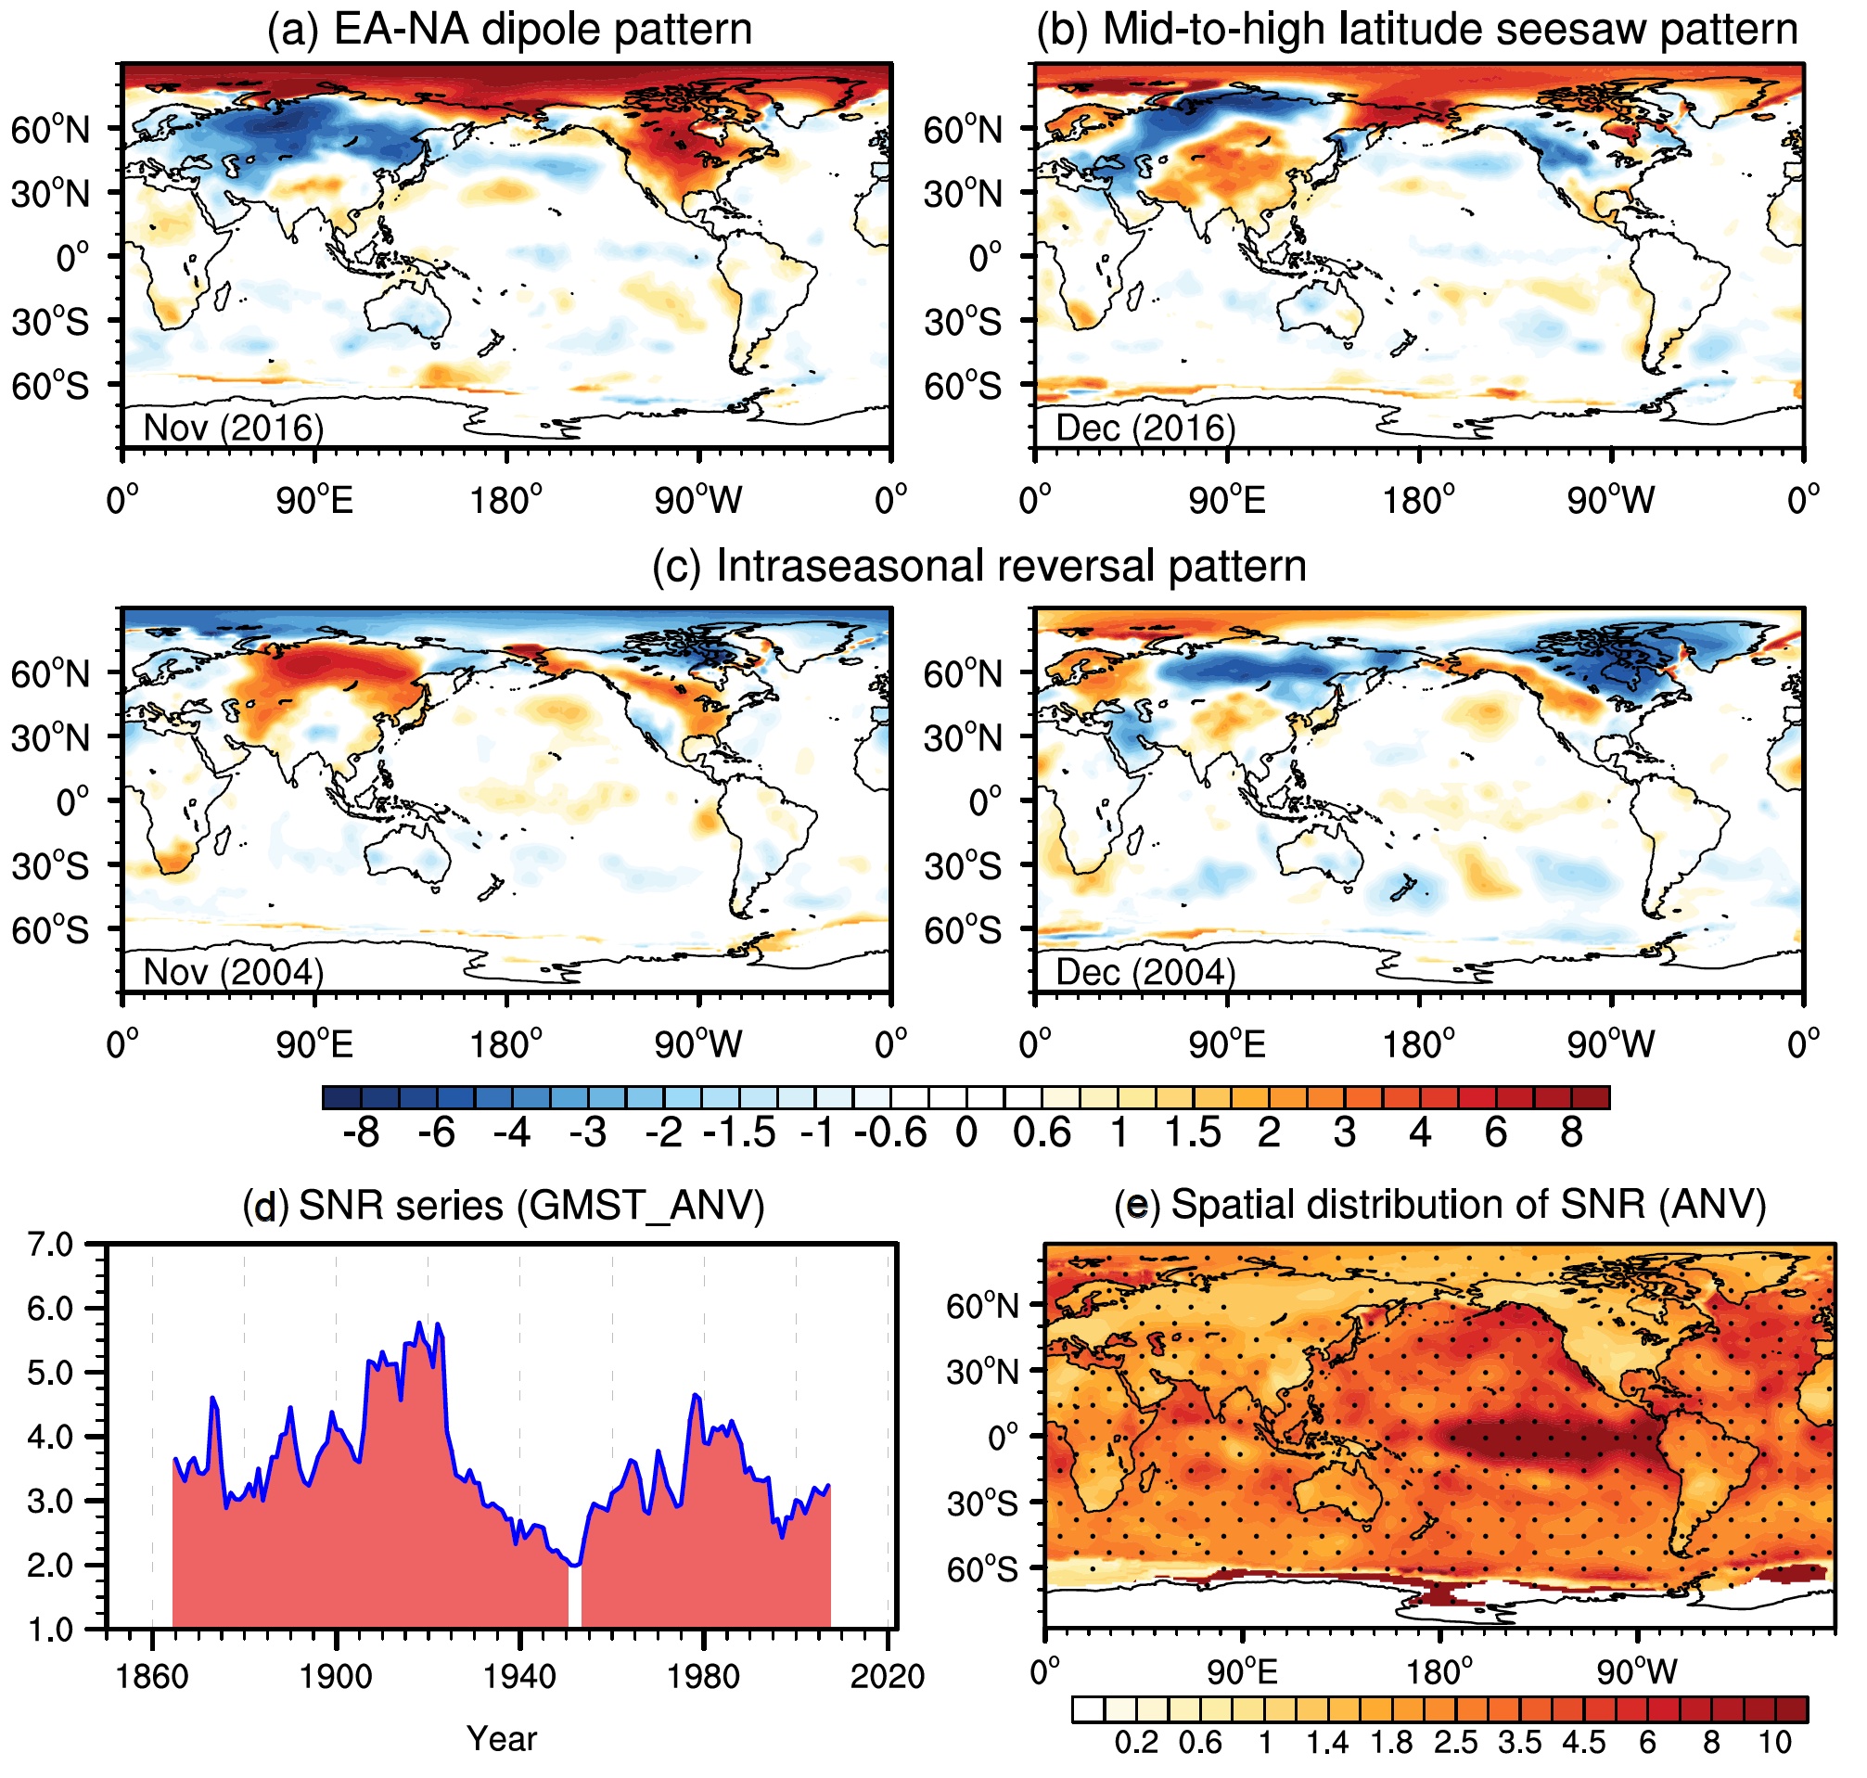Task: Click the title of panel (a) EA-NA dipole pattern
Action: (x=509, y=30)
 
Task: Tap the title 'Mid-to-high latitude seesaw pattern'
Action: (x=1417, y=30)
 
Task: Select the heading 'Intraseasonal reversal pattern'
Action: (x=979, y=566)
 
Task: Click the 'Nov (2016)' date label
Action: (x=233, y=428)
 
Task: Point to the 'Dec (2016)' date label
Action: (x=1144, y=428)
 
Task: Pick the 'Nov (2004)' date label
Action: (x=233, y=971)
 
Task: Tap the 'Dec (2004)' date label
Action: (x=1144, y=971)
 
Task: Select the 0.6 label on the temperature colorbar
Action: (x=1042, y=1132)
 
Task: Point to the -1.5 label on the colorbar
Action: (x=739, y=1132)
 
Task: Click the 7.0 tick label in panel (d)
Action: (x=50, y=1245)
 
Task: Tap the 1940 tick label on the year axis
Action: (x=519, y=1677)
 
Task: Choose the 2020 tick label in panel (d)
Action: (x=887, y=1677)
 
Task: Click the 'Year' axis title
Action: (x=502, y=1739)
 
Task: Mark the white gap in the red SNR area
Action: (x=574, y=1601)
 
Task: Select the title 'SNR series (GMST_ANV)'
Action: (x=504, y=1206)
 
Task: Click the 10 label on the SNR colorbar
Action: (x=1775, y=1743)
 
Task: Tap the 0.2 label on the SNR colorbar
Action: (x=1135, y=1743)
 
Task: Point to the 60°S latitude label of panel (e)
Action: (x=982, y=1570)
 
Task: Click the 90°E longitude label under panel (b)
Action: (x=1227, y=500)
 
